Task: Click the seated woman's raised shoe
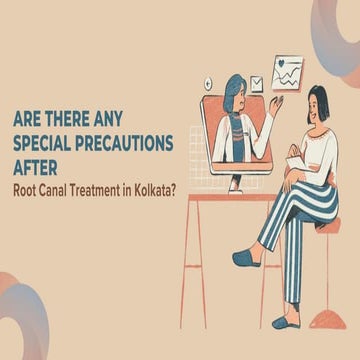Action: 247,258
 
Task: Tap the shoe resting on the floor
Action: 285,322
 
